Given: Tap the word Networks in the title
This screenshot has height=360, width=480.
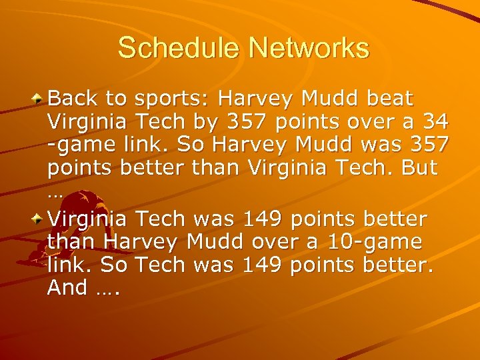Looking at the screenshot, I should [x=308, y=47].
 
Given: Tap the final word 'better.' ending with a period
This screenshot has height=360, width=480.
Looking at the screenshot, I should [x=399, y=265].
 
